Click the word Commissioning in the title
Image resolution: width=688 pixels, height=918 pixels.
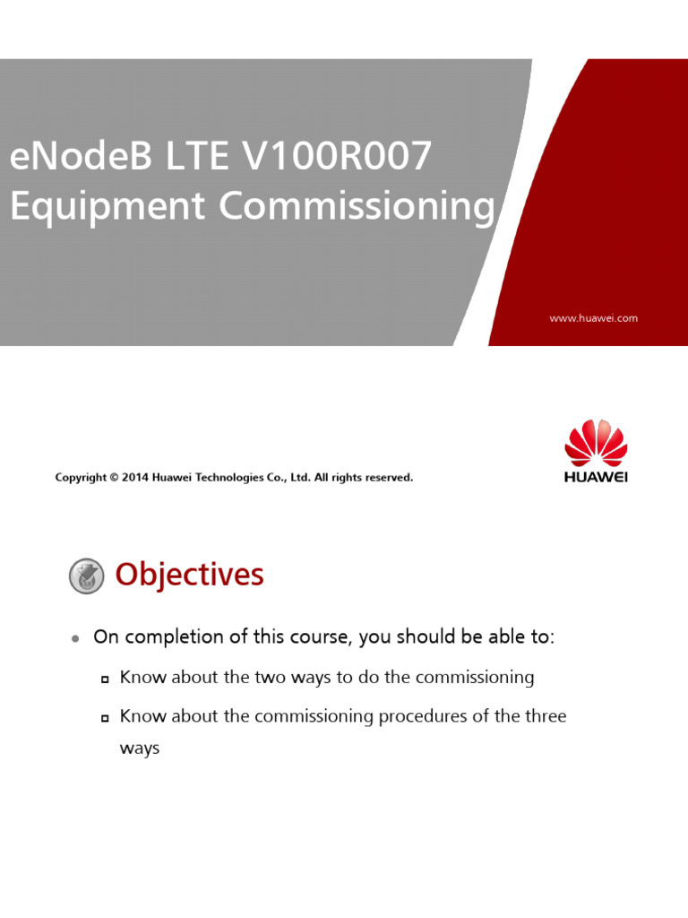(x=357, y=206)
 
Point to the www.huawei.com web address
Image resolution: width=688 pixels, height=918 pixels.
(x=593, y=318)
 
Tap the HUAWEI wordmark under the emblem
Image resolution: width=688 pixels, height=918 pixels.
(x=596, y=477)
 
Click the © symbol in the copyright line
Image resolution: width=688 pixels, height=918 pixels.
(x=114, y=478)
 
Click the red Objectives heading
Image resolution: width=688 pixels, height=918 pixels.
(x=189, y=575)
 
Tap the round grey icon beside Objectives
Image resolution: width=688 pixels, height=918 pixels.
(x=87, y=576)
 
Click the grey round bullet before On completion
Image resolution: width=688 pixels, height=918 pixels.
(x=76, y=638)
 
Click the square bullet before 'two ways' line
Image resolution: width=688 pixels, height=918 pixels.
(x=105, y=679)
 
